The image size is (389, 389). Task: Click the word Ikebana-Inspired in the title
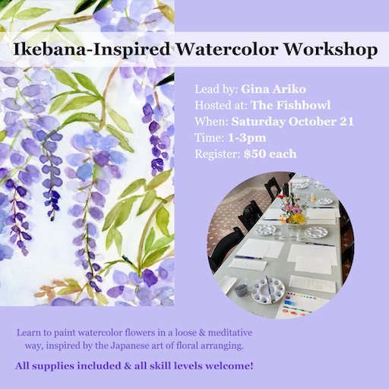coord(92,49)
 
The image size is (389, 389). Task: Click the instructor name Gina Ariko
coord(274,89)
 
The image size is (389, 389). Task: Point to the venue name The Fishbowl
coord(290,106)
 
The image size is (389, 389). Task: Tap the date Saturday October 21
coord(293,122)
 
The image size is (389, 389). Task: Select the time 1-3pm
coord(247,138)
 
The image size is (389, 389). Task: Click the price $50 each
coord(270,154)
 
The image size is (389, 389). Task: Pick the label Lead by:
coord(217,90)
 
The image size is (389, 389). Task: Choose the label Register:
coord(218,154)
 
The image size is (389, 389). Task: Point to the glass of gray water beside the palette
coord(242,289)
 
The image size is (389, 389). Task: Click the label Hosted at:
coord(221,106)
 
